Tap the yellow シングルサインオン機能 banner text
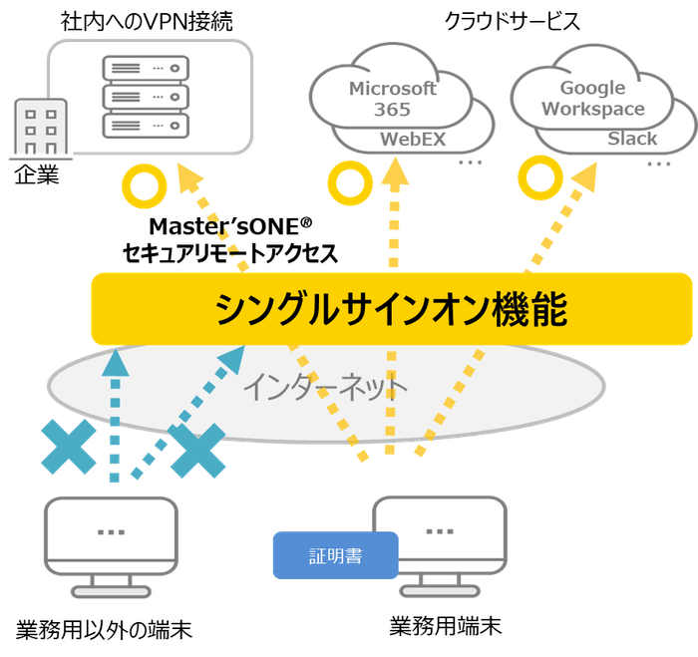point(392,311)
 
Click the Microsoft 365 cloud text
point(392,99)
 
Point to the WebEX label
point(413,140)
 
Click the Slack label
point(632,140)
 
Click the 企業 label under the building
point(37,176)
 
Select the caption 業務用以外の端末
point(104,629)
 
